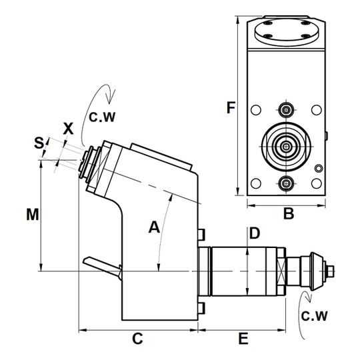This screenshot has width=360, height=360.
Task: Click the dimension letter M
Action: [33, 215]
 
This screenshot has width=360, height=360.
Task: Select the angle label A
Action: [154, 227]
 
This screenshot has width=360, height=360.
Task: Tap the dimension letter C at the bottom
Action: [137, 339]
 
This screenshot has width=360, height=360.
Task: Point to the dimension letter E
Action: [243, 339]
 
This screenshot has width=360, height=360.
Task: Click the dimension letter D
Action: [255, 233]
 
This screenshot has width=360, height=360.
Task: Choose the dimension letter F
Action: [231, 107]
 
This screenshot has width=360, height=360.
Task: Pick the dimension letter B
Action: [289, 213]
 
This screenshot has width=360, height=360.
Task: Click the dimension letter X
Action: [68, 129]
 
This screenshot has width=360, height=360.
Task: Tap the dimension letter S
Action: [39, 143]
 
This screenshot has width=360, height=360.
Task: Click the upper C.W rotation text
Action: [102, 117]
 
